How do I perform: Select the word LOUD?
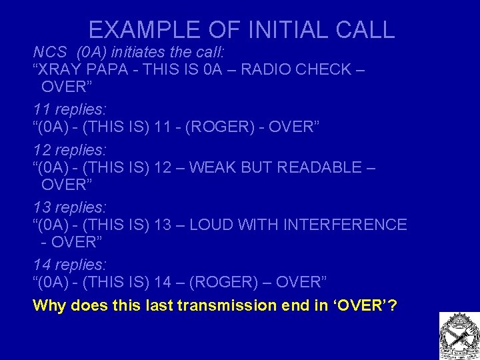(214, 225)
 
